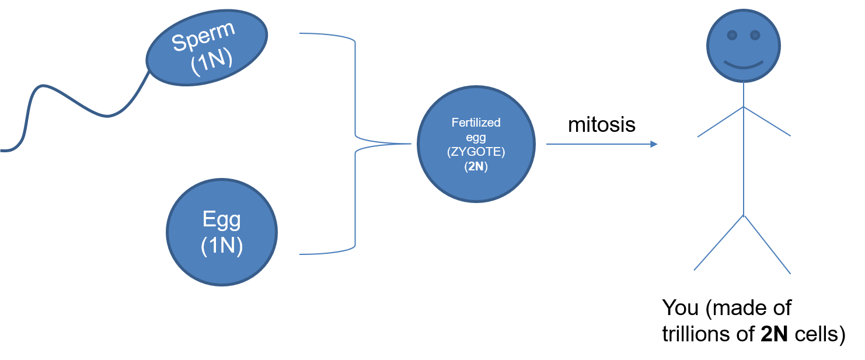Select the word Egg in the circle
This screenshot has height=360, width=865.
221,219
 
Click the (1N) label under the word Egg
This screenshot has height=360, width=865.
221,246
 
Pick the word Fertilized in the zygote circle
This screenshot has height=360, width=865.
476,123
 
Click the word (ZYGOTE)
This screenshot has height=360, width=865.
476,152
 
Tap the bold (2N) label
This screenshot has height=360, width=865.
476,166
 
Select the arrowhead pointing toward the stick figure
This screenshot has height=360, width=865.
654,144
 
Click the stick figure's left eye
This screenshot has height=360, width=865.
732,36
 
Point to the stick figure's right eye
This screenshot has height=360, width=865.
755,36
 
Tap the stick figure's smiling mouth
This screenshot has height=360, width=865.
744,64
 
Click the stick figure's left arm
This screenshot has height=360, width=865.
720,122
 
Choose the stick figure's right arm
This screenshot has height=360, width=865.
768,122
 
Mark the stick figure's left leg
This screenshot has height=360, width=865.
718,243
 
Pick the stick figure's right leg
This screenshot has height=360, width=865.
768,244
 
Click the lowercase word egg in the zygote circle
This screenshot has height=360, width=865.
476,138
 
